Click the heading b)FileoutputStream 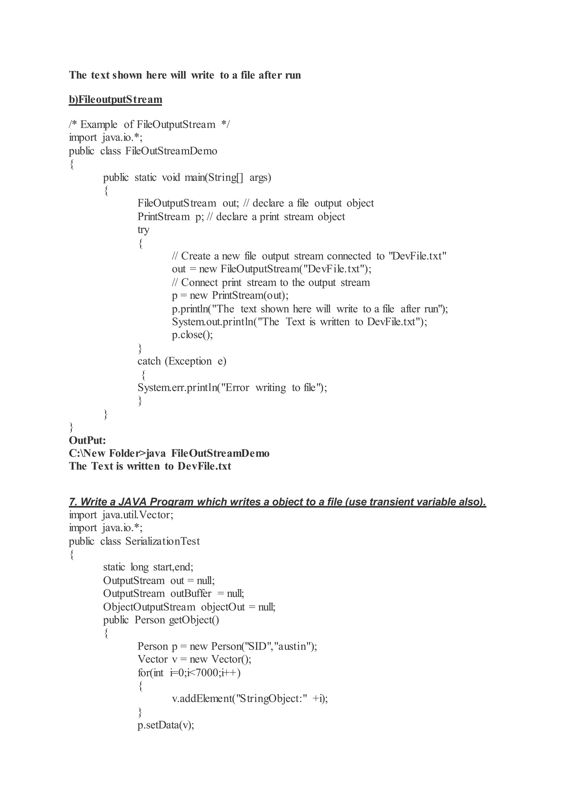point(115,99)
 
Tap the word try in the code point(143,230)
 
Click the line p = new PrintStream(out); point(230,295)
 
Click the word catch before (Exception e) point(149,361)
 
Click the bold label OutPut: point(87,440)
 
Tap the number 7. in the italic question point(73,502)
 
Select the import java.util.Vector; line point(121,515)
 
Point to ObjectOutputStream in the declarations point(149,607)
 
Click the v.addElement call point(202,699)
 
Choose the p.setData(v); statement point(166,725)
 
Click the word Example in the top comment point(99,124)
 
